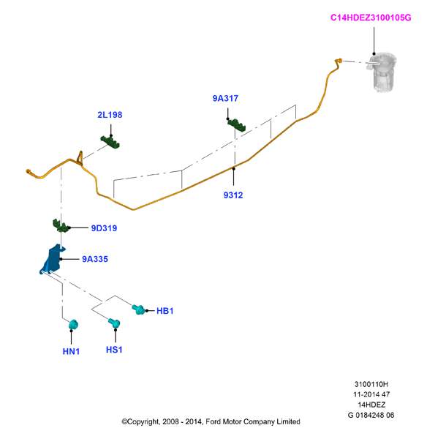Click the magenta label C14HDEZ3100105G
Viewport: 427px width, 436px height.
pyautogui.click(x=371, y=18)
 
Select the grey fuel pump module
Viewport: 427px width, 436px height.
pyautogui.click(x=382, y=72)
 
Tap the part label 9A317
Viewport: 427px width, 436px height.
pyautogui.click(x=225, y=99)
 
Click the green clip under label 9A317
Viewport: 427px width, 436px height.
pyautogui.click(x=237, y=125)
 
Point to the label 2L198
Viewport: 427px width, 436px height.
pyautogui.click(x=110, y=115)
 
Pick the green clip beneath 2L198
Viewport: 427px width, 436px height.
pyautogui.click(x=110, y=141)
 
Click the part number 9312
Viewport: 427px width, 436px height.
pyautogui.click(x=233, y=195)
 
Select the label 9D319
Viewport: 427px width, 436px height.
pyautogui.click(x=104, y=228)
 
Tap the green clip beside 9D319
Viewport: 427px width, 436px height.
pyautogui.click(x=61, y=225)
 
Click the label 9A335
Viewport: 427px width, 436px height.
pyautogui.click(x=95, y=259)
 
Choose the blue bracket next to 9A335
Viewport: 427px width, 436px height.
pyautogui.click(x=53, y=259)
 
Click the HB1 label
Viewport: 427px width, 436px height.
pyautogui.click(x=165, y=311)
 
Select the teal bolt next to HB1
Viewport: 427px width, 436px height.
pyautogui.click(x=138, y=309)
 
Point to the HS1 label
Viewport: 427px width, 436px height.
pyautogui.click(x=114, y=350)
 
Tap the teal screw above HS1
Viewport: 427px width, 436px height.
pyautogui.click(x=114, y=323)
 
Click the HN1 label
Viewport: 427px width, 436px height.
pyautogui.click(x=71, y=351)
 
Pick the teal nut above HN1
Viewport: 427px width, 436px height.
pyautogui.click(x=73, y=325)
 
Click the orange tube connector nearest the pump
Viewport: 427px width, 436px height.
pyautogui.click(x=339, y=61)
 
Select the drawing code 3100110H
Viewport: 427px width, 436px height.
pyautogui.click(x=371, y=384)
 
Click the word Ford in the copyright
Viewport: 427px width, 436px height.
pyautogui.click(x=213, y=422)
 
